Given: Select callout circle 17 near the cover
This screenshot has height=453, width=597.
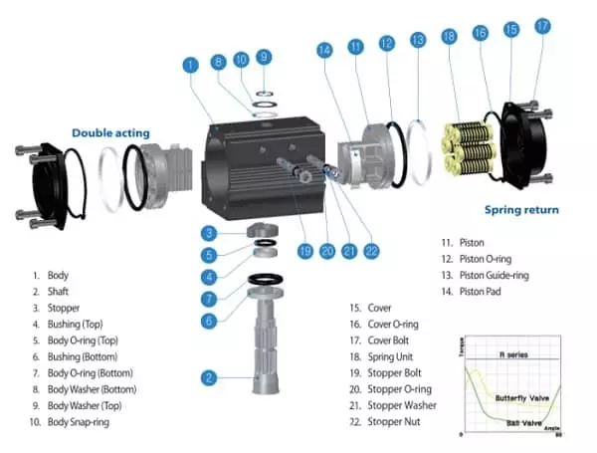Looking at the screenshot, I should click(x=542, y=27).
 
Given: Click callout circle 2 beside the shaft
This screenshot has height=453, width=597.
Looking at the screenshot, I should click(x=209, y=377).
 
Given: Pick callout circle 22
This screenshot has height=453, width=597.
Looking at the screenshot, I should click(x=372, y=251).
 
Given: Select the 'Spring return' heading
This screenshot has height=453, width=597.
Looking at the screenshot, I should click(x=521, y=210).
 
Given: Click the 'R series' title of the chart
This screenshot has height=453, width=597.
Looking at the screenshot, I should click(x=511, y=354).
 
